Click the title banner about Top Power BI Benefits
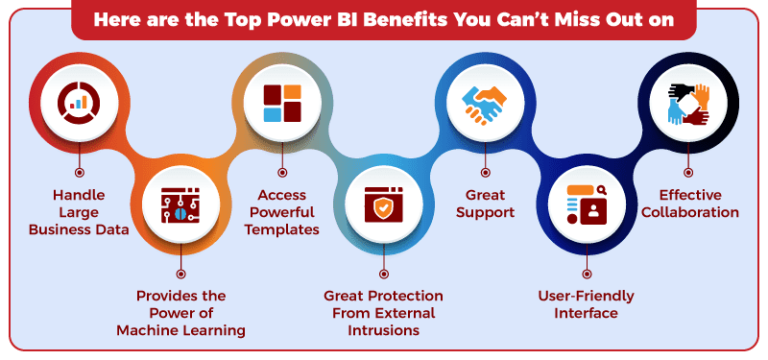[x=384, y=18]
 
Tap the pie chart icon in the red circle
[x=78, y=100]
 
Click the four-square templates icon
[x=282, y=103]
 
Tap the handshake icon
[x=486, y=101]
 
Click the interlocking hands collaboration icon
[x=688, y=103]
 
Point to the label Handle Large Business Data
[x=78, y=212]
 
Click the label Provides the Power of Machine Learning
[x=180, y=313]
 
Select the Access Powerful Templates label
[x=282, y=212]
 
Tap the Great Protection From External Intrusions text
[x=384, y=313]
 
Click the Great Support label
[x=486, y=203]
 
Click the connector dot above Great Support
[x=486, y=172]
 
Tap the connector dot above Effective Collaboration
[x=688, y=172]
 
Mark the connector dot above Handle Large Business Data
[x=78, y=172]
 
